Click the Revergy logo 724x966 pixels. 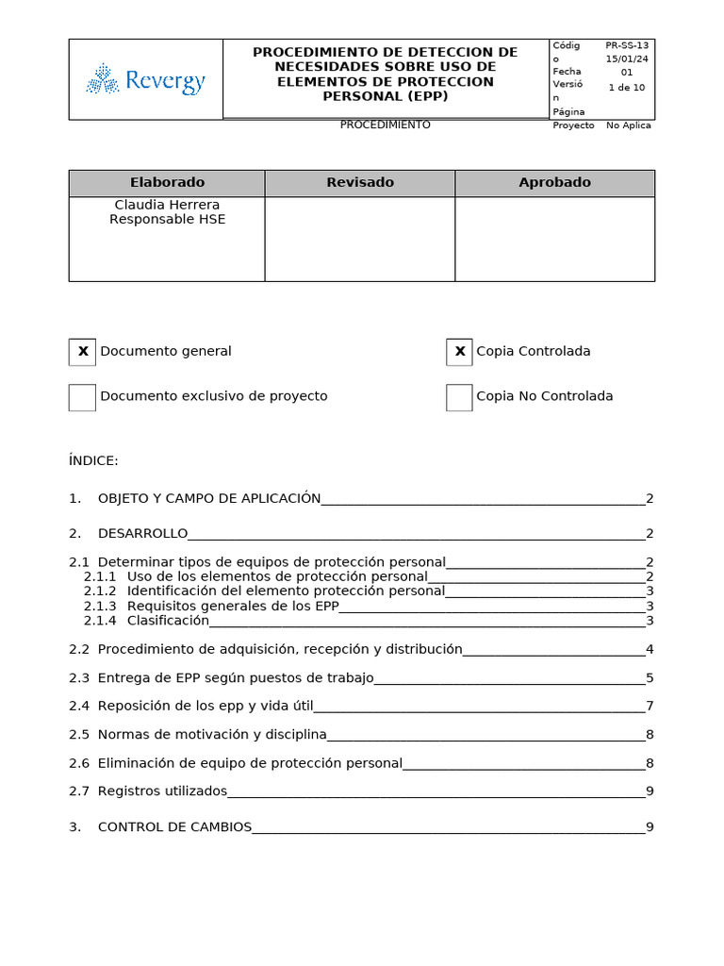[146, 80]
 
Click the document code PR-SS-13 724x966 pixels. [627, 45]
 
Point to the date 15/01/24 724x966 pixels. [627, 58]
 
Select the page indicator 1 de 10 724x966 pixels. [627, 87]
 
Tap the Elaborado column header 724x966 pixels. [167, 183]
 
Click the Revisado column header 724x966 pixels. [360, 183]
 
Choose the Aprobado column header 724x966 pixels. [554, 183]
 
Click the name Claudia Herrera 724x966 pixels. [167, 205]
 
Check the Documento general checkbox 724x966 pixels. [83, 352]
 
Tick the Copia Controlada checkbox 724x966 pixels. [460, 352]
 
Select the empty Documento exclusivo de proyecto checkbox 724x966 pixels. [83, 397]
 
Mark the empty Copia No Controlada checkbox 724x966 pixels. [460, 397]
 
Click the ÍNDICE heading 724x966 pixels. [93, 460]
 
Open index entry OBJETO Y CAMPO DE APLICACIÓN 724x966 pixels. [209, 498]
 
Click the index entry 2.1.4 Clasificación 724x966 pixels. [167, 621]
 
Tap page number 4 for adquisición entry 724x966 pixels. [650, 649]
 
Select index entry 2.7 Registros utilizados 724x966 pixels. [162, 791]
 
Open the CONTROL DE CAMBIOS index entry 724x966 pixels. [174, 827]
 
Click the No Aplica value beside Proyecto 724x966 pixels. [628, 125]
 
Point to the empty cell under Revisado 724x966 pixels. [360, 239]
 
